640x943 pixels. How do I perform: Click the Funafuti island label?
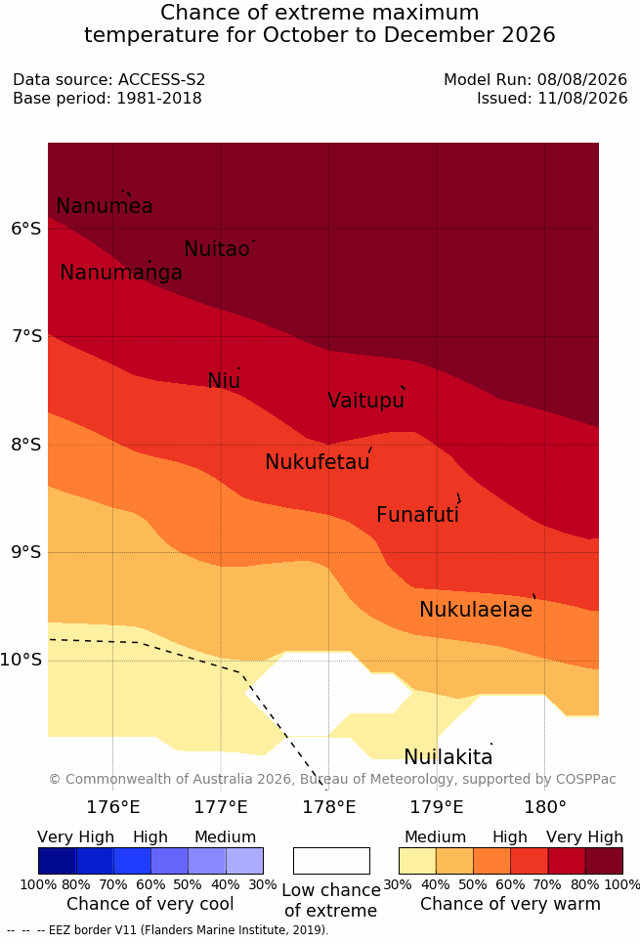tap(417, 515)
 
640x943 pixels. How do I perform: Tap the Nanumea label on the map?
tap(104, 205)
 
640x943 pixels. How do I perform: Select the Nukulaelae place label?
tap(476, 609)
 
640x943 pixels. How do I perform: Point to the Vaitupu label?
tap(365, 400)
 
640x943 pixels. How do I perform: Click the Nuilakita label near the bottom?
tap(448, 756)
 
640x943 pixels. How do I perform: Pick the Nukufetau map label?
tap(317, 462)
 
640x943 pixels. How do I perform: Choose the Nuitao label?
tap(217, 248)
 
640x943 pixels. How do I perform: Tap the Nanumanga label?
tap(121, 273)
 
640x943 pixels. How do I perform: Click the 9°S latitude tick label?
tap(26, 552)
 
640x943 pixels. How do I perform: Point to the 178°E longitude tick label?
tap(328, 807)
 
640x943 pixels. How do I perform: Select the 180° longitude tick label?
tap(545, 807)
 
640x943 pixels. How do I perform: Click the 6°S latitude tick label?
tap(26, 229)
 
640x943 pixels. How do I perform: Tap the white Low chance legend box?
tap(331, 861)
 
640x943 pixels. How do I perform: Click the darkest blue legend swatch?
tap(57, 861)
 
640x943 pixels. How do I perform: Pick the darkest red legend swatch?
tap(604, 861)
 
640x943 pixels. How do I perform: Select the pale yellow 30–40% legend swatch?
tap(417, 861)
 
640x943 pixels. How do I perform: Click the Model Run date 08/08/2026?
tap(582, 79)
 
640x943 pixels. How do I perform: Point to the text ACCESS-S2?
tap(161, 79)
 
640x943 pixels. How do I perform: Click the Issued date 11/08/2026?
tap(582, 98)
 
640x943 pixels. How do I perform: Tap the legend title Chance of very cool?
tap(150, 904)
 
